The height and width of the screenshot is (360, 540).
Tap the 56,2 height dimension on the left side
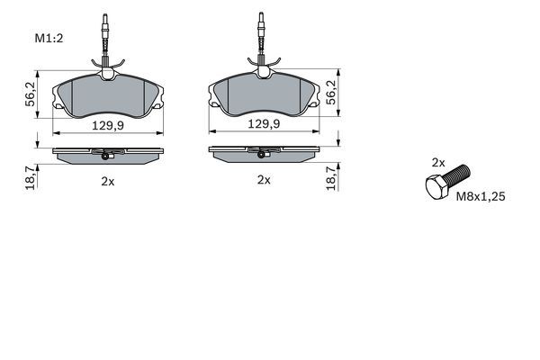click(x=29, y=92)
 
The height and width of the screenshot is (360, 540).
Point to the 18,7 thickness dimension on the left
click(x=29, y=176)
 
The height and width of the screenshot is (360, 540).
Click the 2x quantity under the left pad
click(x=107, y=181)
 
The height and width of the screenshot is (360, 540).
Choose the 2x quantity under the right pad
click(x=264, y=180)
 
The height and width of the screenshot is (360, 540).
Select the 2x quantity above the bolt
click(x=438, y=163)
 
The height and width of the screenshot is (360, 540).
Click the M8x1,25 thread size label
click(x=481, y=194)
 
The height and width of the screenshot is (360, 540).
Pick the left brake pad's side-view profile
click(x=107, y=155)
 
